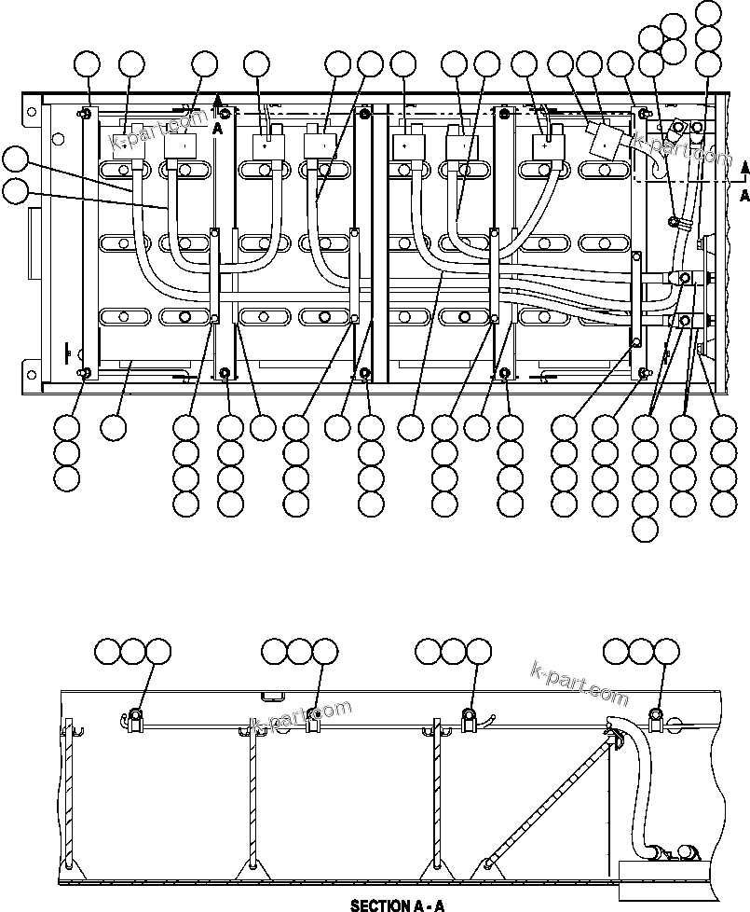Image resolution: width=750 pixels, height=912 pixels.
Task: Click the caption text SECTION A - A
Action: [398, 905]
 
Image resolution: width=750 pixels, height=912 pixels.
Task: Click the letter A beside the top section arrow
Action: [217, 130]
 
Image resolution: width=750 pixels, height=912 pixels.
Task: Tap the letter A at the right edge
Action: [743, 196]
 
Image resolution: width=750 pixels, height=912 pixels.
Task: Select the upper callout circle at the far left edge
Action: [15, 158]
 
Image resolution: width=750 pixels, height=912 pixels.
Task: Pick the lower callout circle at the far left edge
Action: [15, 191]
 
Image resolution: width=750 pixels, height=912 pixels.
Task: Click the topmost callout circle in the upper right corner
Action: [708, 13]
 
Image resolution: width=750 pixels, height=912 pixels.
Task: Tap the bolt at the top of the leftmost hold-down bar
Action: [86, 114]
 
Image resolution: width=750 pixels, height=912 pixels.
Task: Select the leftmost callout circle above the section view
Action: [109, 651]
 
